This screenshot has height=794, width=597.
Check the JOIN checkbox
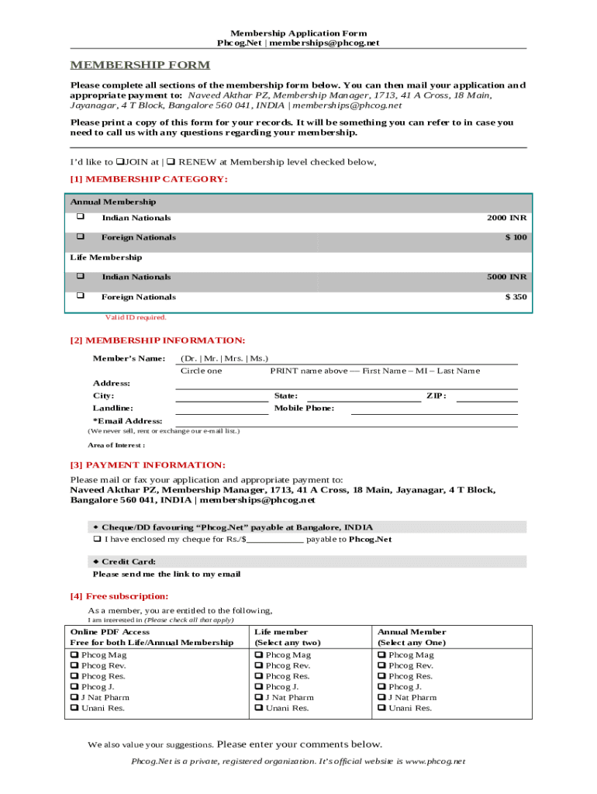point(120,162)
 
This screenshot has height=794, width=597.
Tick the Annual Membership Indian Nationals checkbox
point(80,217)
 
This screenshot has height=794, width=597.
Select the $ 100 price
point(516,237)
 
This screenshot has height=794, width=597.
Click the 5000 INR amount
point(506,277)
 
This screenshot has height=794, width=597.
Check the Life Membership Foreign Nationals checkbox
point(80,296)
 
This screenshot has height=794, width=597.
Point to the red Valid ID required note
point(136,317)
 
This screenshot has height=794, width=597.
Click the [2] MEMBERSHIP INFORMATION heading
point(157,340)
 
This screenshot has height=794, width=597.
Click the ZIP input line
point(486,397)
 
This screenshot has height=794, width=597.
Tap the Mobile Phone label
point(304,408)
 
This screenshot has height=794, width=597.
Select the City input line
point(221,397)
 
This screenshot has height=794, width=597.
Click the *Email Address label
point(127,420)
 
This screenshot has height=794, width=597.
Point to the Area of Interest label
point(116,445)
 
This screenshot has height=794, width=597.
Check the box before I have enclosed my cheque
point(98,539)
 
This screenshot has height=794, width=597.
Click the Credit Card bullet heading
point(124,561)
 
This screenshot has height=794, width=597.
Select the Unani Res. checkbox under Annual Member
point(382,708)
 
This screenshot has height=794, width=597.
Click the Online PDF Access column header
point(110,632)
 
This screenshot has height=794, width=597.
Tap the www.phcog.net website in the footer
point(435,761)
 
